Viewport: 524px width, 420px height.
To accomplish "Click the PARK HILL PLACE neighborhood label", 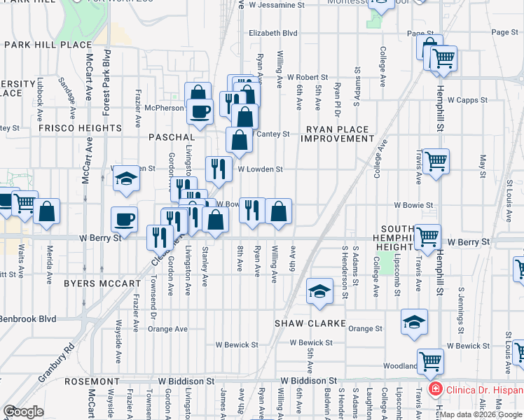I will coord(48,45).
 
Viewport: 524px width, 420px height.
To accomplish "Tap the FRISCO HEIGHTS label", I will coord(81,128).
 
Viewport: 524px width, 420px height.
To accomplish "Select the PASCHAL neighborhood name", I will coord(171,137).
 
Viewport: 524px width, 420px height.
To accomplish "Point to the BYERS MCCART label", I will coord(102,283).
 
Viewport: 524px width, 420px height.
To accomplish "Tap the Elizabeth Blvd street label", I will coord(273,33).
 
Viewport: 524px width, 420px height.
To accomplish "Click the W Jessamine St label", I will coord(277,4).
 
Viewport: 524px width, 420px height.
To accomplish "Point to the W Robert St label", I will coord(307,77).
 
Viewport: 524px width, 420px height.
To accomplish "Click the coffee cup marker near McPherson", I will coord(199,111).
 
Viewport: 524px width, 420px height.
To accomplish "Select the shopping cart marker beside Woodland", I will coord(430,361).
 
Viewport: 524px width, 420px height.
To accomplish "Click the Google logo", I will coord(23,412).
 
